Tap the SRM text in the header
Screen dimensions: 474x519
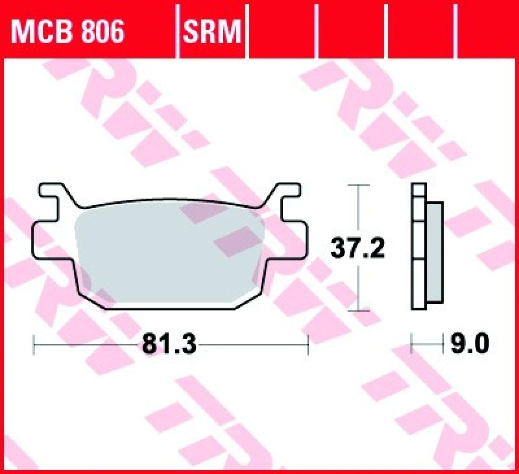point(213,30)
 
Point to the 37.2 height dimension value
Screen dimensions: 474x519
point(358,247)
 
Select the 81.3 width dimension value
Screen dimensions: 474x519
point(169,343)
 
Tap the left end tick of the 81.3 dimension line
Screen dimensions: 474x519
point(33,344)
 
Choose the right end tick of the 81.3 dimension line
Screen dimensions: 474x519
point(308,344)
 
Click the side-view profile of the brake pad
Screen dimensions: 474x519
point(426,247)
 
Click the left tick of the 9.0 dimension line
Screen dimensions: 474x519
point(413,343)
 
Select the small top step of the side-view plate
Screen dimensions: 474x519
point(418,190)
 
